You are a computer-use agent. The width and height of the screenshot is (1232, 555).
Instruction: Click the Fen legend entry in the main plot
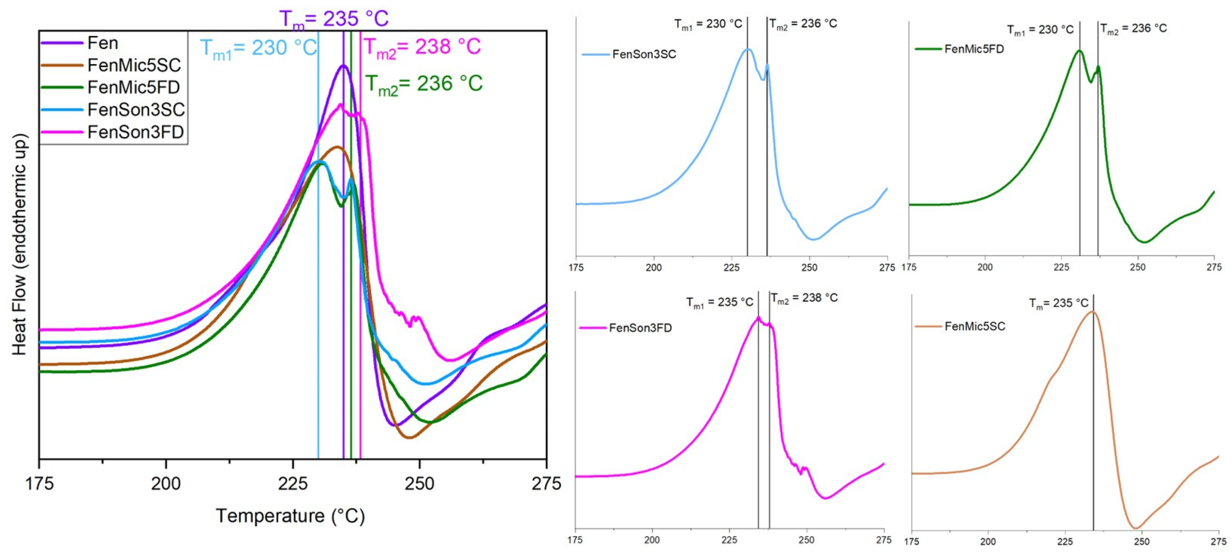102,43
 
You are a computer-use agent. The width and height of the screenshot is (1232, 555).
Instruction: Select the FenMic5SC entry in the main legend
134,65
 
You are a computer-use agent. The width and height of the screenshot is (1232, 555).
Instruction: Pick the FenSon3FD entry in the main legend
135,132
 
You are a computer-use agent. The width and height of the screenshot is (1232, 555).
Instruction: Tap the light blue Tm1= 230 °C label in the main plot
258,47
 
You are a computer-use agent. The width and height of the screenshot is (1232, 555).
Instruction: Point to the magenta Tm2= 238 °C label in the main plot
422,47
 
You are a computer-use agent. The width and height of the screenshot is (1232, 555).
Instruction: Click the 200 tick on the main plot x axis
166,484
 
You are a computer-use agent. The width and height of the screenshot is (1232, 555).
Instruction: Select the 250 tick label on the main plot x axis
419,484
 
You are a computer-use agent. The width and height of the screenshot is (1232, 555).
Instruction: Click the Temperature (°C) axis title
290,516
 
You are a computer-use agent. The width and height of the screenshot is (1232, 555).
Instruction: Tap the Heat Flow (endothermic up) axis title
19,244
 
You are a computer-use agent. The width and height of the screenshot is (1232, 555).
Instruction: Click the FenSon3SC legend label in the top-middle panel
644,54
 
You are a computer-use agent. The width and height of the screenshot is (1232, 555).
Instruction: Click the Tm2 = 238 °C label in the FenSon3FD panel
805,298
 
